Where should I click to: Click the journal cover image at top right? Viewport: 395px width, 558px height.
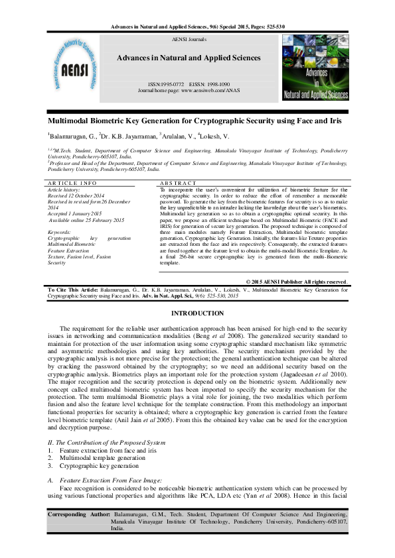click(x=315, y=71)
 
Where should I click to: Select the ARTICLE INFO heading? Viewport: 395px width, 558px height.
click(x=72, y=182)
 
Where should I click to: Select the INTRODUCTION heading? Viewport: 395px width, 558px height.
click(x=197, y=313)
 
